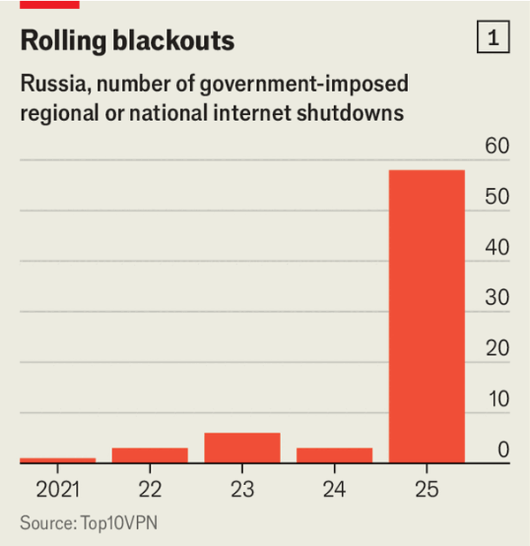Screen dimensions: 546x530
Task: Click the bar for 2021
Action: pos(57,459)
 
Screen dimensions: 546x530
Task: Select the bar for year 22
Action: pos(150,455)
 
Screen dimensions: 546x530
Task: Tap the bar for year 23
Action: pos(242,447)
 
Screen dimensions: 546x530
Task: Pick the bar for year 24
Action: pos(334,455)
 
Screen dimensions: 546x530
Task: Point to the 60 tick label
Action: pos(497,147)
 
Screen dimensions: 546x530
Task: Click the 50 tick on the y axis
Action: pos(497,197)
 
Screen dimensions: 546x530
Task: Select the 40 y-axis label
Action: pos(497,247)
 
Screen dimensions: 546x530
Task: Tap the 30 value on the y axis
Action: pos(497,298)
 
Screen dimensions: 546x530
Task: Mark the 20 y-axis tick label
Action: pos(497,348)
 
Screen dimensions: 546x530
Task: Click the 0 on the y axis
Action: pos(503,449)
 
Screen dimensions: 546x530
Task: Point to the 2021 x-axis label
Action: pos(57,489)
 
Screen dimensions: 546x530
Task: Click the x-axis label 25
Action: pos(427,489)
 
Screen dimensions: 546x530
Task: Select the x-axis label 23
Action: pos(242,489)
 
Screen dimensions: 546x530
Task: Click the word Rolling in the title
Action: pos(63,41)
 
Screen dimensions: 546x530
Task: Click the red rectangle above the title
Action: pos(49,4)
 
